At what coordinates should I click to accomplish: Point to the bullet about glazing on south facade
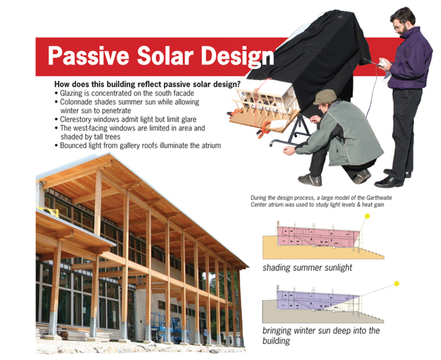128,93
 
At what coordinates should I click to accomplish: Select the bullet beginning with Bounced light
140,146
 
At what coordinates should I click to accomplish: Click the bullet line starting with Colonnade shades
129,101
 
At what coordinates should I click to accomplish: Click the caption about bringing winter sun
321,331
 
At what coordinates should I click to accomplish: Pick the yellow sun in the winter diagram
396,283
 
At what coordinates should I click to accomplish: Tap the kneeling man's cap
325,96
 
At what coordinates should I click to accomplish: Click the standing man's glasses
399,26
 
